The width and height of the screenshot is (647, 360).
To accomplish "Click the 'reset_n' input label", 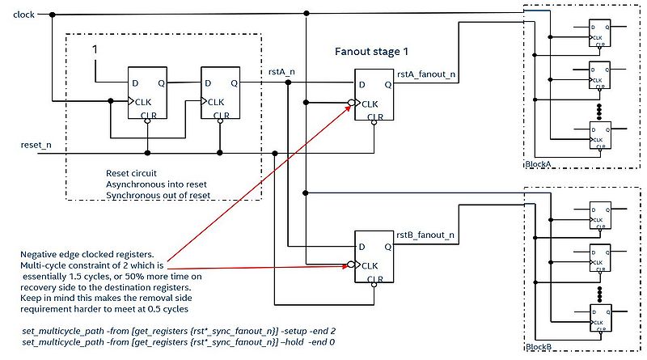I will pos(36,144).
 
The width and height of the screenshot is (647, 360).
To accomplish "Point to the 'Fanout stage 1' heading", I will pos(373,51).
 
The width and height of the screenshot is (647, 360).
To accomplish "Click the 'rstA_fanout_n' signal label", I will pos(425,74).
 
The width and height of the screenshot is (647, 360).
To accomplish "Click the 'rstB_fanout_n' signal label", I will pos(425,235).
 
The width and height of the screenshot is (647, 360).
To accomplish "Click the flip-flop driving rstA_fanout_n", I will pos(373,96).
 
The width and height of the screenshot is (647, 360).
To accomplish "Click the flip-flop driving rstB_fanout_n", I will pos(373,257).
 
